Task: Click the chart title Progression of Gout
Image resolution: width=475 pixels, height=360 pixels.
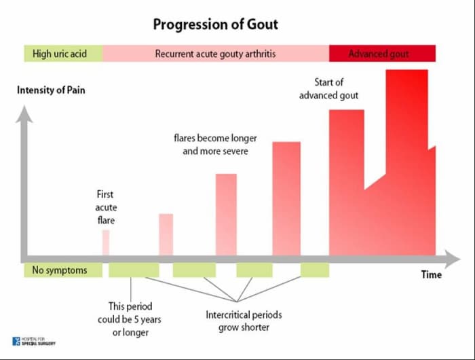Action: (215, 25)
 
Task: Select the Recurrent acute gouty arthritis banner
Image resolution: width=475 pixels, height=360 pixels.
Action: (216, 54)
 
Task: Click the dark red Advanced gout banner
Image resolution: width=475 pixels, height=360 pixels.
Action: (382, 54)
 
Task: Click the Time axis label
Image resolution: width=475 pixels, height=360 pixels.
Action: (431, 274)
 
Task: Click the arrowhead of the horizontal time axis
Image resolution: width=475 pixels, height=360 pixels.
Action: (452, 258)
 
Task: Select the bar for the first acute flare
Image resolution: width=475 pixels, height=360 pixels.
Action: (106, 242)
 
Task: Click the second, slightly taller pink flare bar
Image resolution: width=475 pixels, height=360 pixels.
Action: (166, 234)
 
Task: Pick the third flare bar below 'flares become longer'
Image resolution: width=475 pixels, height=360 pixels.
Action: (226, 213)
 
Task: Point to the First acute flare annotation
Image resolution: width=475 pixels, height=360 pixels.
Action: (105, 207)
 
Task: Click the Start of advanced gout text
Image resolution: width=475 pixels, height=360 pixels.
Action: (328, 89)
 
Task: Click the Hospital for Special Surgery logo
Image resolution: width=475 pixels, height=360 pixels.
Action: (34, 341)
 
